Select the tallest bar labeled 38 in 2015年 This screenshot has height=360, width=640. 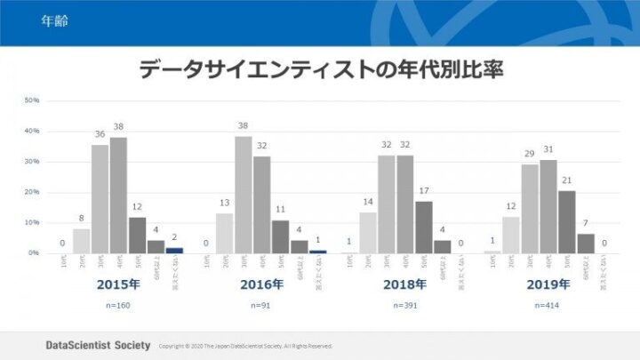tap(118, 196)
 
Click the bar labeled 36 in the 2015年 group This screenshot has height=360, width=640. tap(100, 199)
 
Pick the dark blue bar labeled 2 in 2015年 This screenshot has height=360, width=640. tap(174, 250)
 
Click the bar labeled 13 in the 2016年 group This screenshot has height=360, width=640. tap(225, 233)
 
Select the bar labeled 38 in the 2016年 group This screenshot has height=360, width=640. tap(244, 195)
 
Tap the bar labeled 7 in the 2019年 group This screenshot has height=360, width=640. tap(586, 243)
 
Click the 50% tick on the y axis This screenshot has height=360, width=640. tap(31, 100)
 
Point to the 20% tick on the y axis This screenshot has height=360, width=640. tap(31, 192)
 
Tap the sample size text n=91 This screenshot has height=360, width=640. tap(261, 305)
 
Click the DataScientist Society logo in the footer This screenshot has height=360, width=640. tap(97, 345)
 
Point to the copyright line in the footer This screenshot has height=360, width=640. tap(245, 346)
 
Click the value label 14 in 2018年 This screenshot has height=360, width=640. tap(368, 202)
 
